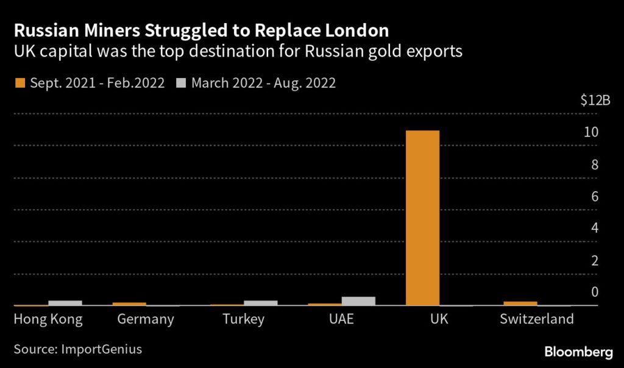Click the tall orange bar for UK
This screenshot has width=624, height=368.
422,218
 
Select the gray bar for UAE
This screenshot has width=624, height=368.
358,301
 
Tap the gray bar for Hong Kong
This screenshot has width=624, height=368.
65,303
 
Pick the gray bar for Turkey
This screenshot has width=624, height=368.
260,303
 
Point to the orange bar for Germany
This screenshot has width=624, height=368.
129,303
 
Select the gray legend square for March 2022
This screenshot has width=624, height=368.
181,82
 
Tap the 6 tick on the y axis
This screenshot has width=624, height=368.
593,196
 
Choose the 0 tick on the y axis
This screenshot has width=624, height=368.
593,292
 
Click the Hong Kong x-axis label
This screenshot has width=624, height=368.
48,319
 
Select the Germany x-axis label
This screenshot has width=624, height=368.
146,319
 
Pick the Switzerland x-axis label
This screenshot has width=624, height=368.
536,319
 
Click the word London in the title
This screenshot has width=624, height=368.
357,30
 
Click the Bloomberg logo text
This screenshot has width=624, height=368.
578,352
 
